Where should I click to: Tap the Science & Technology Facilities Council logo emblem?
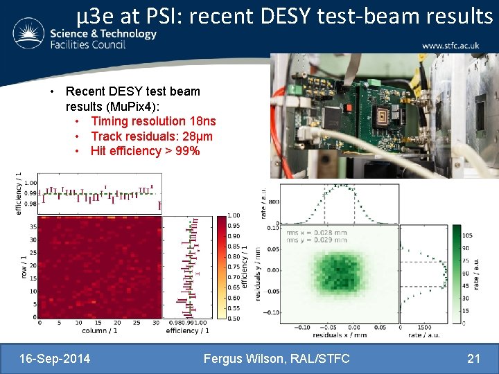point(27,33)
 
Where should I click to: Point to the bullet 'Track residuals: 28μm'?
point(152,136)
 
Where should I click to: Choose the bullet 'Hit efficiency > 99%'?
point(145,151)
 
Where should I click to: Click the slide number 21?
point(474,358)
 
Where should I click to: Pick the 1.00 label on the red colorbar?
point(234,215)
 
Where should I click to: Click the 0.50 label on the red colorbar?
point(234,318)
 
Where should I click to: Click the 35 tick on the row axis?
point(33,226)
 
